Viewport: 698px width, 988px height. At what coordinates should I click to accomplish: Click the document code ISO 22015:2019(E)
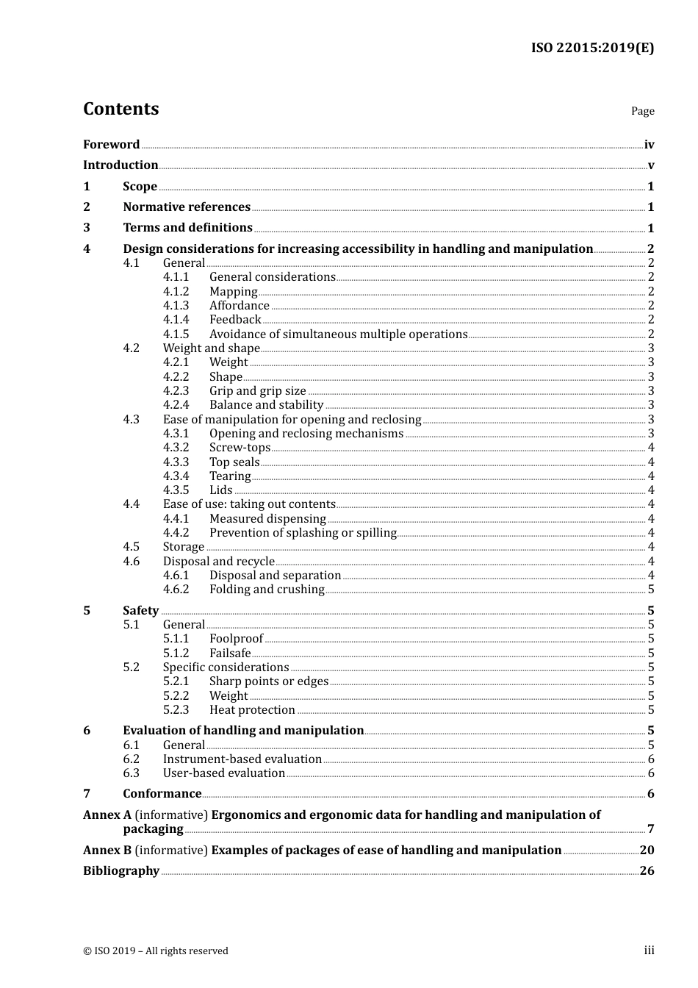[x=592, y=48]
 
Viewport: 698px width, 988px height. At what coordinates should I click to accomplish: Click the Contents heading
[x=120, y=109]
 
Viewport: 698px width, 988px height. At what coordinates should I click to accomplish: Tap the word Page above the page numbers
[x=642, y=111]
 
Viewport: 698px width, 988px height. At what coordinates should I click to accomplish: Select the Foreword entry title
[x=111, y=145]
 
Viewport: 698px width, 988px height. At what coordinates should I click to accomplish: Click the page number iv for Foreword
[x=649, y=145]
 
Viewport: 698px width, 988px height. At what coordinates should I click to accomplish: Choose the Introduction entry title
[x=120, y=165]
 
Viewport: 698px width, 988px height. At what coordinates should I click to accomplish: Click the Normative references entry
[x=187, y=207]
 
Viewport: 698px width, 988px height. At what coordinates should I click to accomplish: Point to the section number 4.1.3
[x=176, y=306]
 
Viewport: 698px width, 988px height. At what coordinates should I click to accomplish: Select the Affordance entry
[x=240, y=306]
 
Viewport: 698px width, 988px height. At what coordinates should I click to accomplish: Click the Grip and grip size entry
[x=258, y=391]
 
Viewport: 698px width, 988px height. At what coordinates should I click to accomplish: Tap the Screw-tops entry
[x=240, y=448]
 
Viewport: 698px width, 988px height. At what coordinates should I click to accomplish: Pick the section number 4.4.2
[x=176, y=533]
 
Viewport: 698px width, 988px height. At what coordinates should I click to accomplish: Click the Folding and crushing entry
[x=267, y=590]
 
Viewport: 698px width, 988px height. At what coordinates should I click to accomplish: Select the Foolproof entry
[x=236, y=639]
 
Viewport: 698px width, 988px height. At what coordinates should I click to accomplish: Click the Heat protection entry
[x=252, y=710]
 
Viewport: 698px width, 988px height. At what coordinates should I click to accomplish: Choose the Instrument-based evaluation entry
[x=242, y=759]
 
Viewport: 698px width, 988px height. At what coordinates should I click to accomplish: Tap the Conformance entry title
[x=162, y=794]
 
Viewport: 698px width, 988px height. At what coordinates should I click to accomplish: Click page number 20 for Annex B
[x=647, y=851]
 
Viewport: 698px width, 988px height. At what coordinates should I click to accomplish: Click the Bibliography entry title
[x=121, y=871]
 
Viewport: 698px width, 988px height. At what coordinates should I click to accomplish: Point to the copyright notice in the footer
[x=156, y=951]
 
